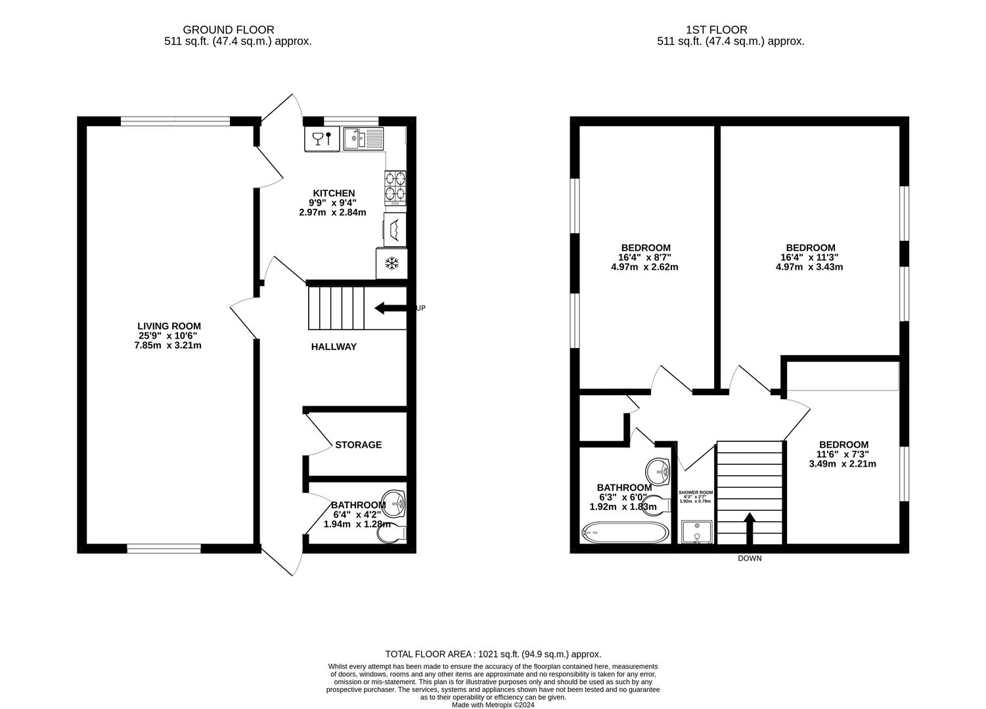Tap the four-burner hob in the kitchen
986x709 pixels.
(395, 188)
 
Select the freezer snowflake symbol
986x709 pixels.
(392, 264)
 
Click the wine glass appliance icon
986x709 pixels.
(322, 139)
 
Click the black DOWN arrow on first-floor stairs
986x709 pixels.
(749, 528)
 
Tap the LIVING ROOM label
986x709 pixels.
(169, 326)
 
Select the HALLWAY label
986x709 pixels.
(334, 347)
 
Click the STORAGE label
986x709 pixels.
(358, 445)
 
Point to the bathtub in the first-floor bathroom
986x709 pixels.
(623, 532)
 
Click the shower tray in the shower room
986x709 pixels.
(696, 532)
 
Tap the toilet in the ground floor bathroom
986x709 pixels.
(392, 535)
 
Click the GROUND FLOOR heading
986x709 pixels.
(228, 30)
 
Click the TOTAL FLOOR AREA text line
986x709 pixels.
(493, 654)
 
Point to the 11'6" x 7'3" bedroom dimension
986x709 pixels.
(842, 454)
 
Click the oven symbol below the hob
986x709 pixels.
(395, 228)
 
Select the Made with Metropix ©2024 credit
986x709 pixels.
(493, 705)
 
